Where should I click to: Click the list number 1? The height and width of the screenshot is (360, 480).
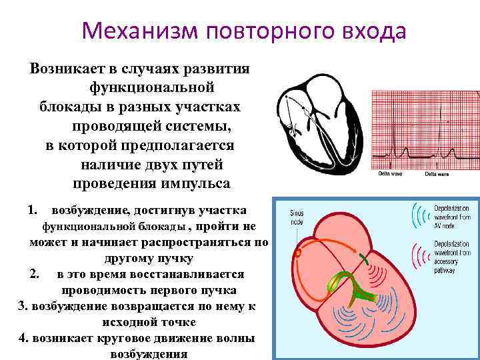32,210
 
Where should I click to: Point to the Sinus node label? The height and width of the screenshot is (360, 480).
297,217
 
